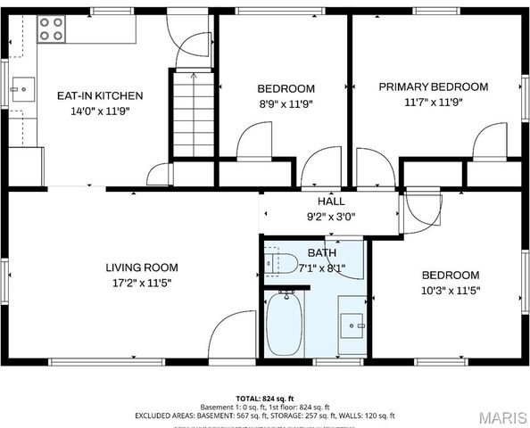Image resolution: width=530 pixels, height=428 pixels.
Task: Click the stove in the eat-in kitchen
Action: [52, 30]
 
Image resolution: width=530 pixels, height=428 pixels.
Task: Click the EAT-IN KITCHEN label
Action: [100, 95]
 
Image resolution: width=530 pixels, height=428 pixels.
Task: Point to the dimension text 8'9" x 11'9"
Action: [286, 103]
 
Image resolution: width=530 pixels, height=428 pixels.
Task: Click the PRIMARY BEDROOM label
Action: [433, 86]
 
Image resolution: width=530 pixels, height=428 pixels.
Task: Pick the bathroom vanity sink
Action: [352, 325]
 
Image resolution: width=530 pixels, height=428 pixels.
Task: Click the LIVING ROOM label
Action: [142, 267]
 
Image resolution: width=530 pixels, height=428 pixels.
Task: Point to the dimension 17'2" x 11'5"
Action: [142, 283]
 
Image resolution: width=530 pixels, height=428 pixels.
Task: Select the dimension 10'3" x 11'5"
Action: [450, 291]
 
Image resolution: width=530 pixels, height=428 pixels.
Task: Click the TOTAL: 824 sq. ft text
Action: [265, 398]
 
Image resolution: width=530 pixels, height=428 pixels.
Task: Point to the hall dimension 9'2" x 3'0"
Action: [331, 216]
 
